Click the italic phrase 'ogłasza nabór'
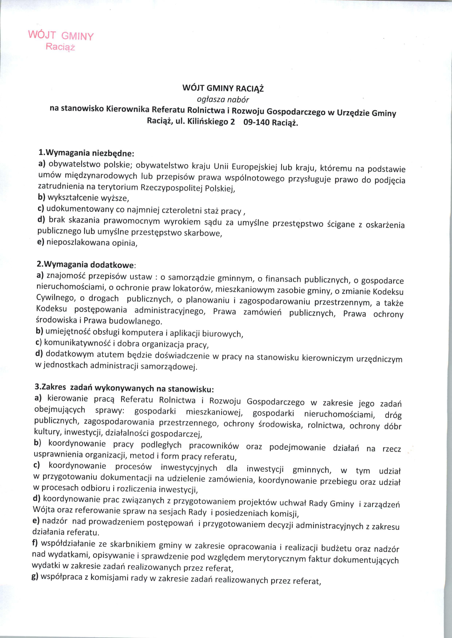(223, 99)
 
